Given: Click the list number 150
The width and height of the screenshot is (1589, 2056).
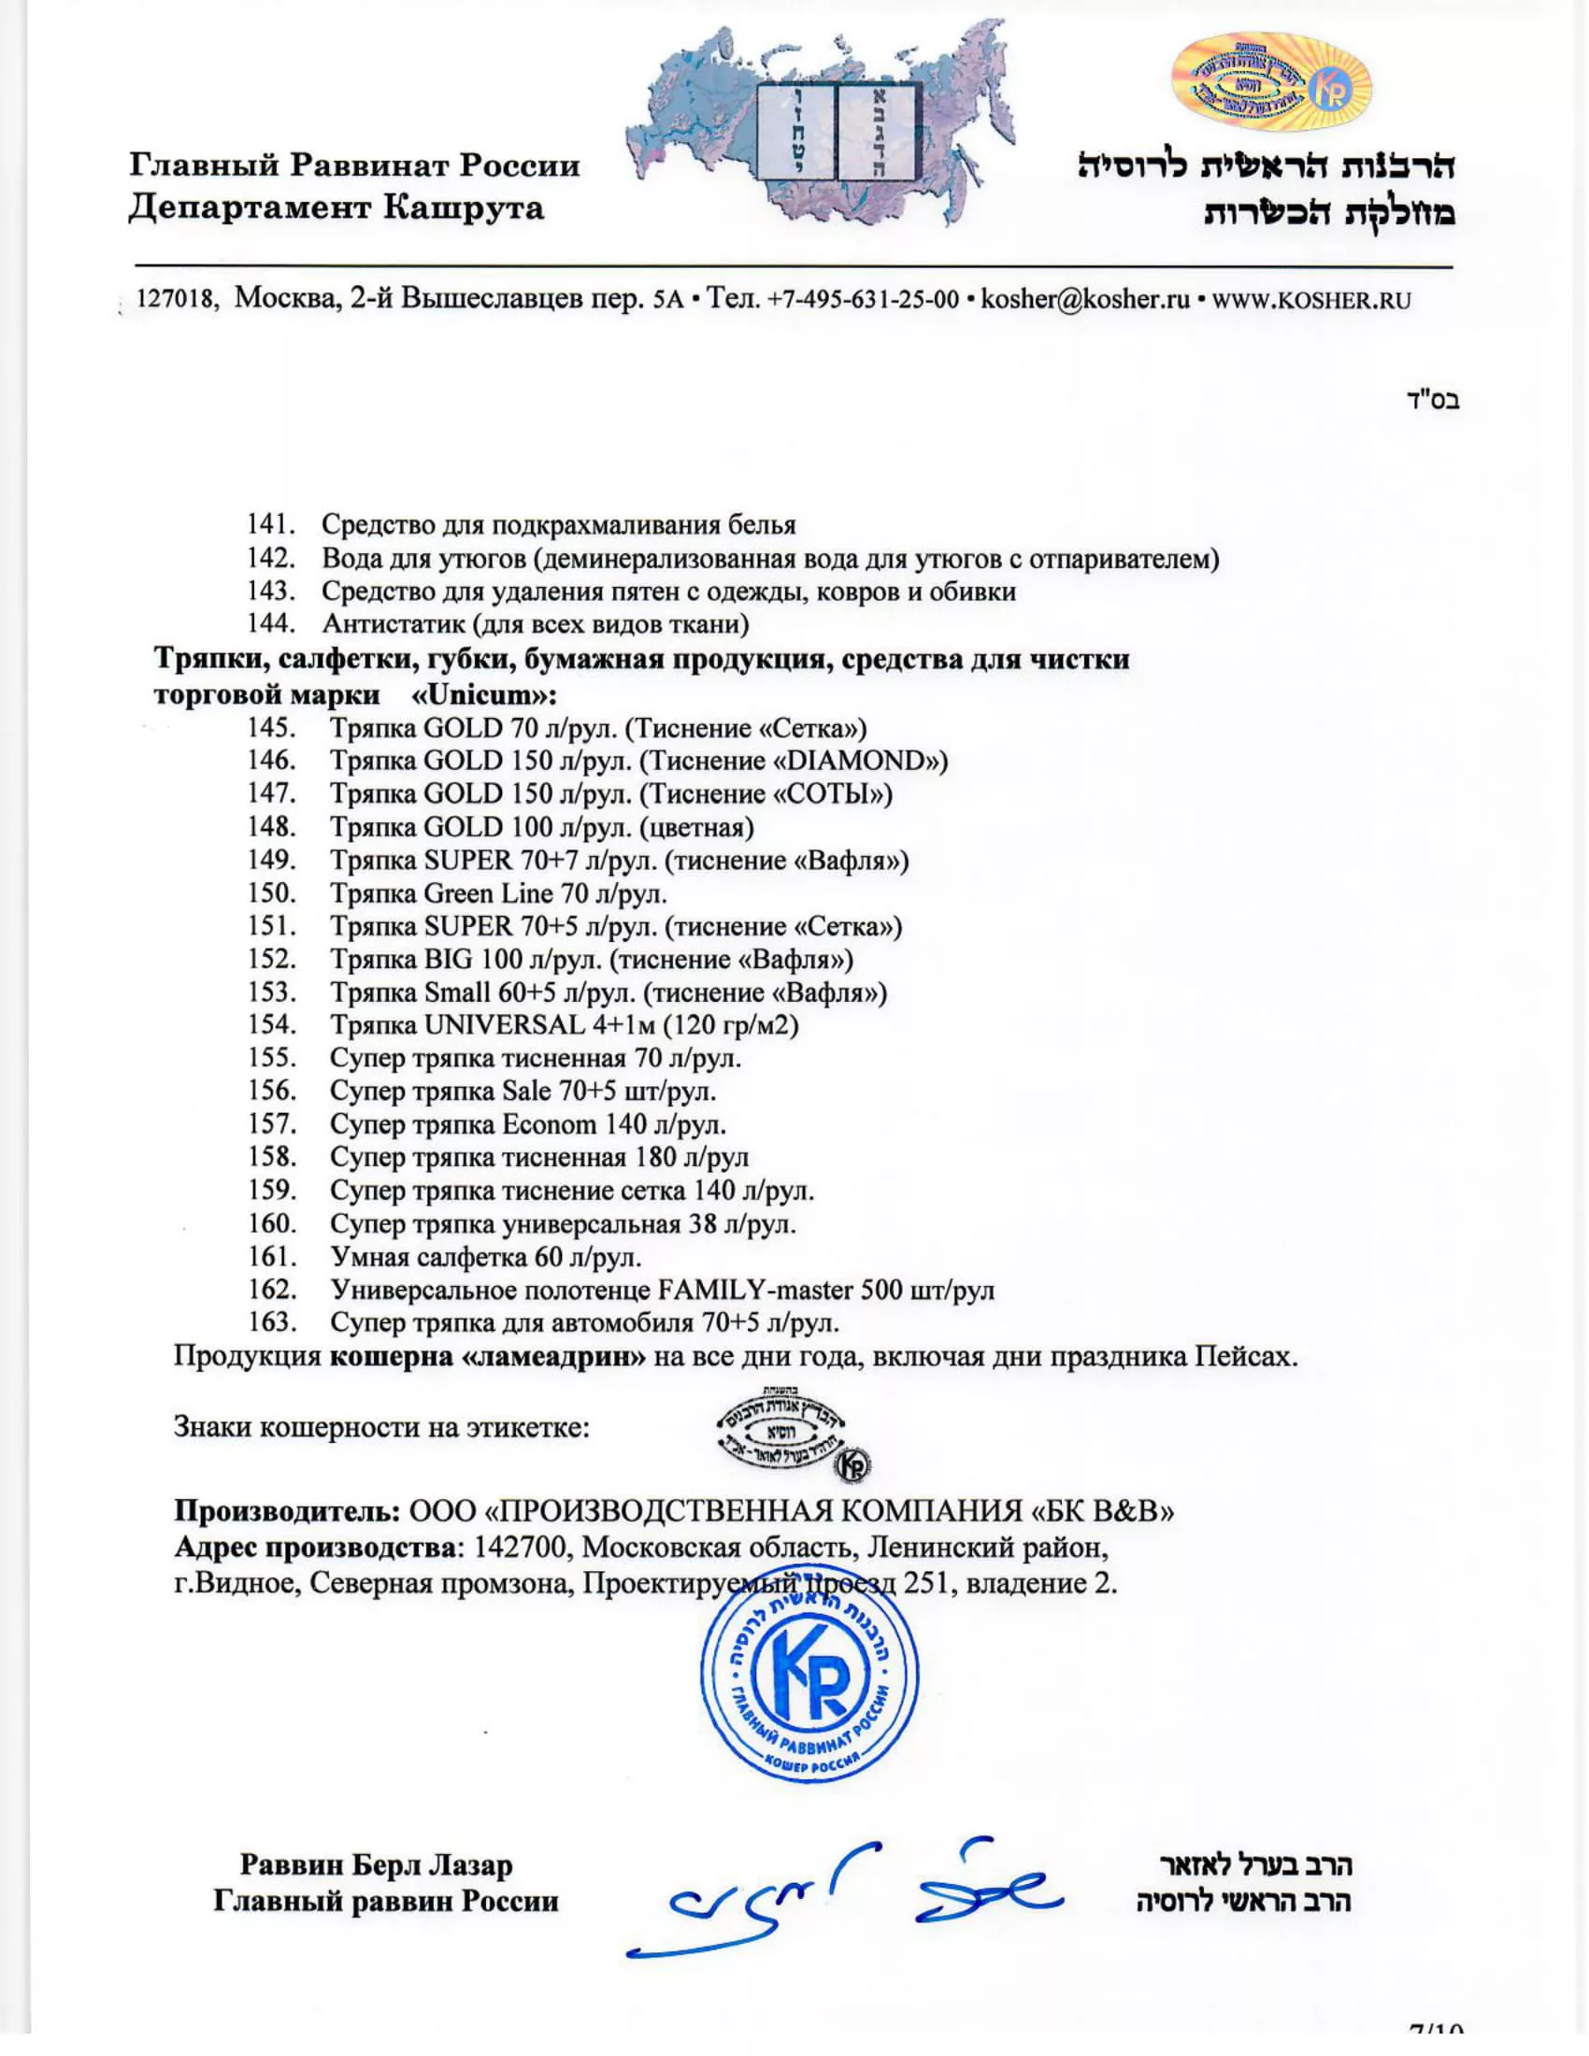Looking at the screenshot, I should (x=271, y=892).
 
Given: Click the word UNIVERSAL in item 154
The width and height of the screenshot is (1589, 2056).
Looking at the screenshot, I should (x=505, y=1024).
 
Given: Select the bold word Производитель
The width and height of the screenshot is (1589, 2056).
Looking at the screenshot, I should (x=286, y=1511).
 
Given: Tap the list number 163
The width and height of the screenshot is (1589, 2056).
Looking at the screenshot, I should (x=271, y=1322).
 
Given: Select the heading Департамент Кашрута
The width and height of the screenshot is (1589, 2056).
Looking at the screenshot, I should (x=336, y=207).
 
